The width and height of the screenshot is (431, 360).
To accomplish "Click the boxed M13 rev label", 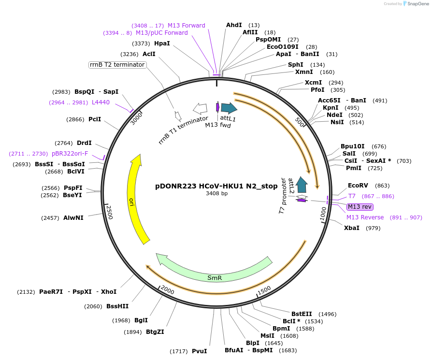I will coord(360,207).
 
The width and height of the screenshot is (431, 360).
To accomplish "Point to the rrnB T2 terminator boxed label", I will coord(117,65).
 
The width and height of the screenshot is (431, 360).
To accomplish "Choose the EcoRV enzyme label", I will coord(358,186).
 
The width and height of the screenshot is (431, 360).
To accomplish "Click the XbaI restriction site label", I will coord(351,228).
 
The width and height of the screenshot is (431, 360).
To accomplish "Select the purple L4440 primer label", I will coord(101,102).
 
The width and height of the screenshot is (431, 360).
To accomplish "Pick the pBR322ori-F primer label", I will coord(70,154).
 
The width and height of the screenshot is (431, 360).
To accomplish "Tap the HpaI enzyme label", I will coord(162,43).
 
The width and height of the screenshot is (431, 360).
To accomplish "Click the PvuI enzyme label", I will coord(199,351).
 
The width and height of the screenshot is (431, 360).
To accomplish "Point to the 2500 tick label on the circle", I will coord(109,212).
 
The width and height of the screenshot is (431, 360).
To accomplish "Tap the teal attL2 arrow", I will coord(302,184).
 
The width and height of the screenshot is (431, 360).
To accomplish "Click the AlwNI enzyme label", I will coord(73,218).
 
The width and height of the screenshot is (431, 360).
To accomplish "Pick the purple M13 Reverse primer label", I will coord(365,217).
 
